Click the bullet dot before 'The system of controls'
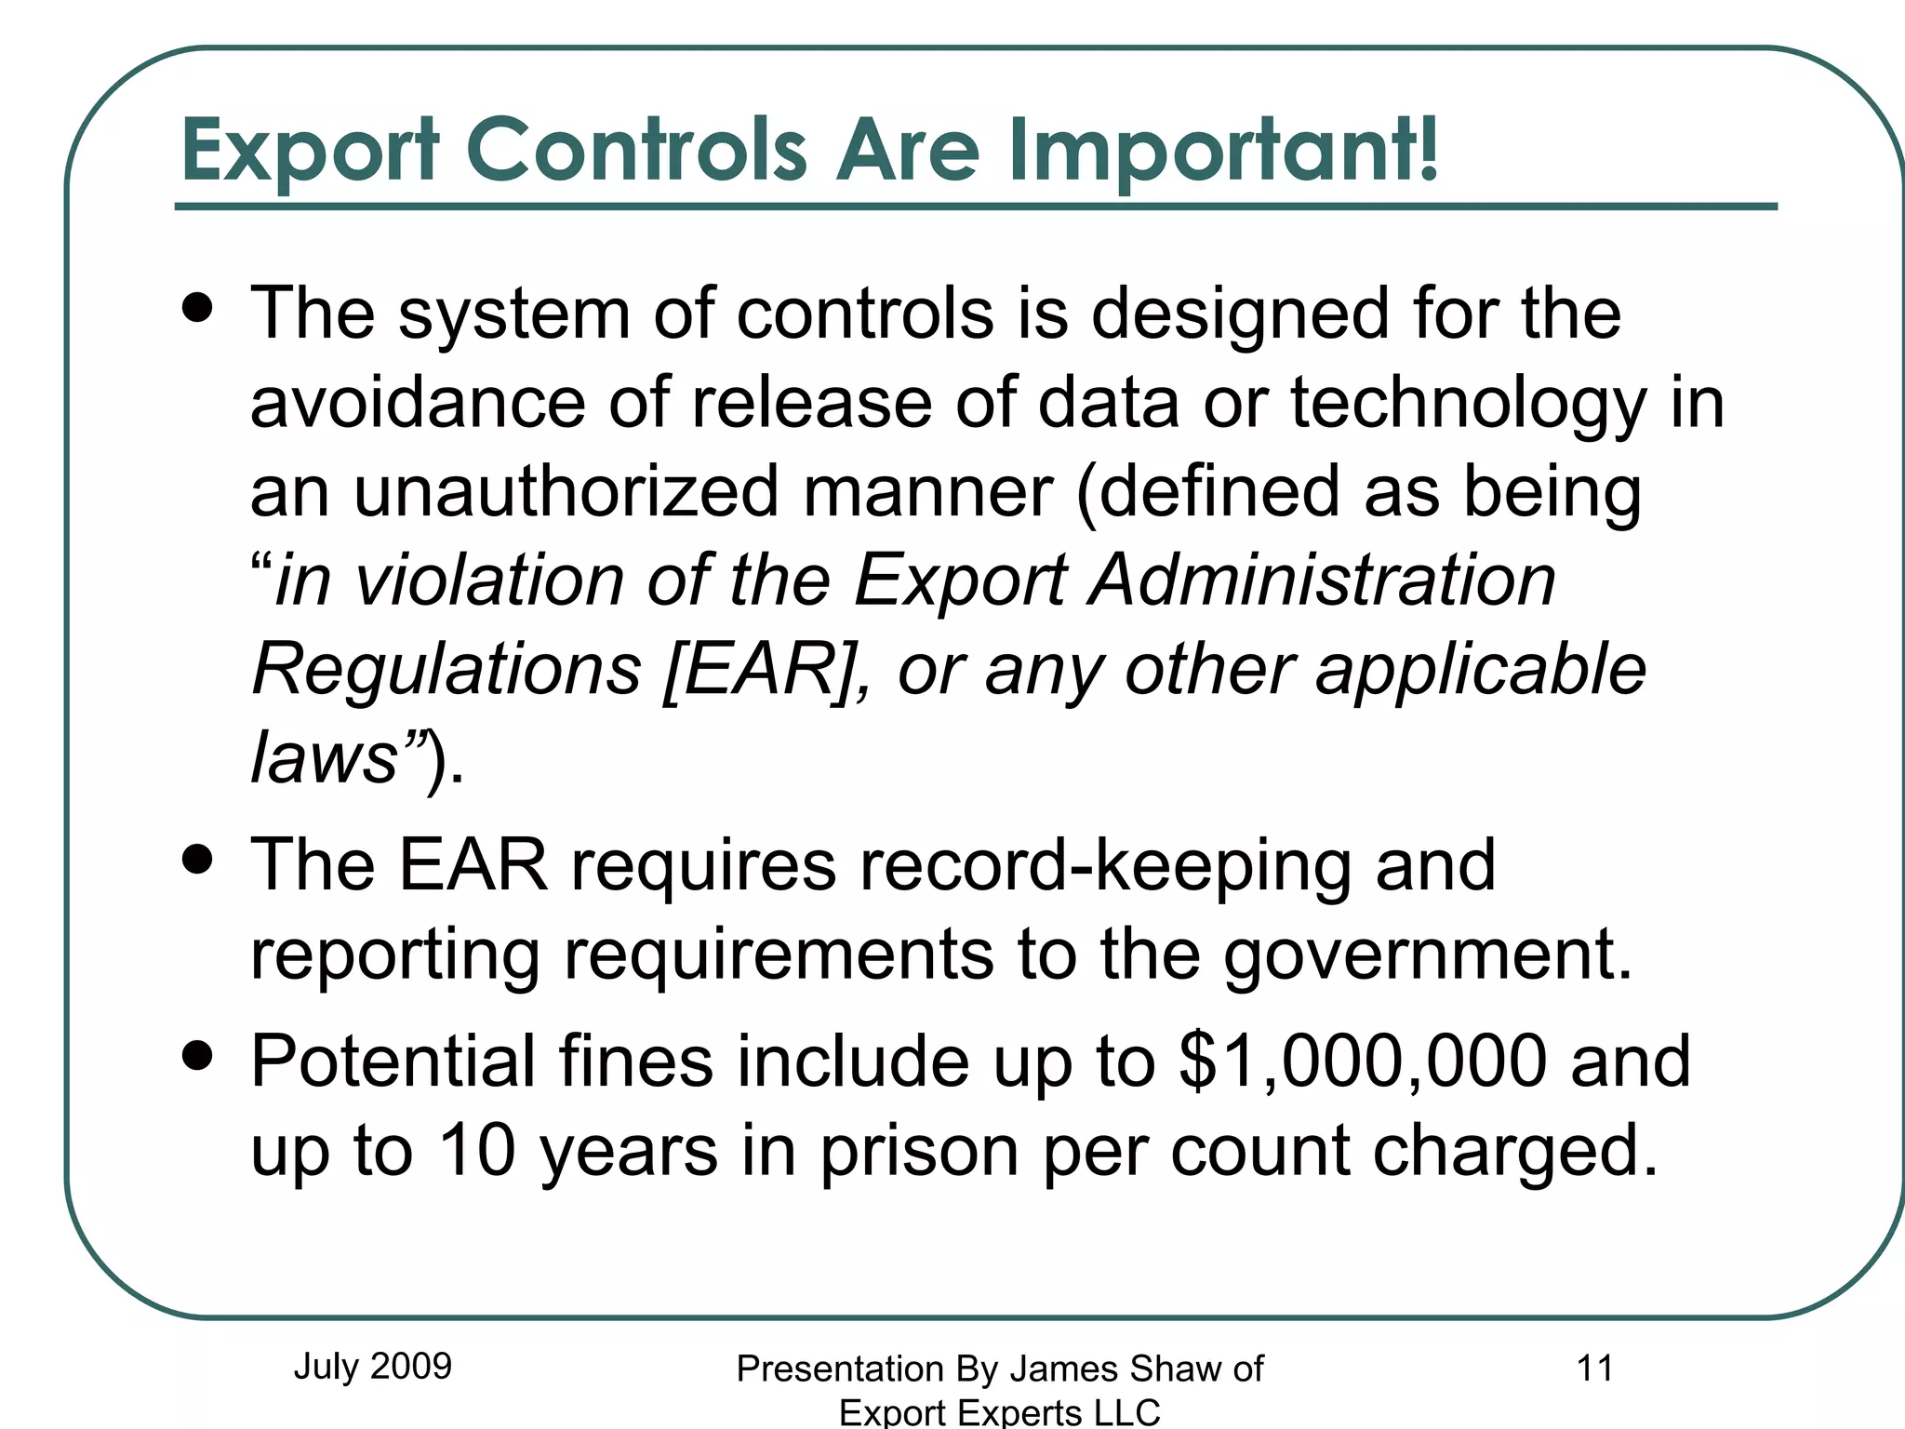(x=198, y=307)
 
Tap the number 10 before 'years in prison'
(x=476, y=1150)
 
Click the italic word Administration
(x=1324, y=580)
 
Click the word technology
(x=1468, y=404)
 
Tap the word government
(x=1427, y=955)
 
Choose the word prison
(x=919, y=1152)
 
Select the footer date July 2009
(x=372, y=1366)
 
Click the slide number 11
(x=1594, y=1368)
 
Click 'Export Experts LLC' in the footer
(x=1000, y=1412)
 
